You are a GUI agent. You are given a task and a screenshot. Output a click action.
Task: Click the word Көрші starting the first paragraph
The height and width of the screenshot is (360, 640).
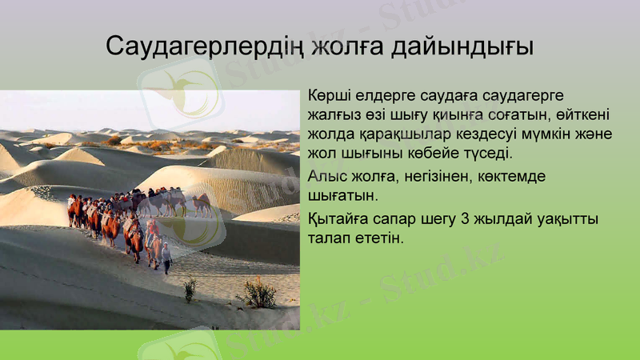[328, 98]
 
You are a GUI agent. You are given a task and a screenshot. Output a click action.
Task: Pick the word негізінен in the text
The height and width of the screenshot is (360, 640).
[434, 175]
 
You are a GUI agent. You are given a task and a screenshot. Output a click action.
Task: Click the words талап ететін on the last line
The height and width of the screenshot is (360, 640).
[356, 238]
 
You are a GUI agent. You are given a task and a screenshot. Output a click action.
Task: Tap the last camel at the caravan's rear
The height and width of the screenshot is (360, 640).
[202, 205]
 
